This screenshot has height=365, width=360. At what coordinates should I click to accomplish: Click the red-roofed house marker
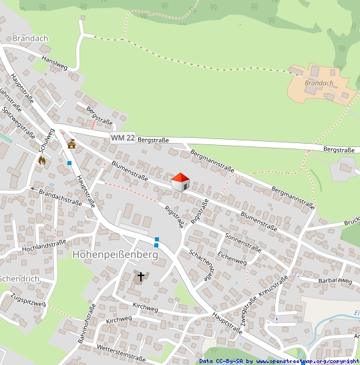tap(180, 181)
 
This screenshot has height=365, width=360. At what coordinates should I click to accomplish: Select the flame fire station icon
tap(42, 160)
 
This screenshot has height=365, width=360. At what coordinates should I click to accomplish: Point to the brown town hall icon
tap(71, 143)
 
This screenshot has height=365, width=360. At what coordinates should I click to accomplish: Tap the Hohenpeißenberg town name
tap(114, 255)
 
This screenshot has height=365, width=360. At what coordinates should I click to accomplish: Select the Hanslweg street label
tap(55, 63)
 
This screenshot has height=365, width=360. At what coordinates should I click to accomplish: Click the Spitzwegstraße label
tap(18, 121)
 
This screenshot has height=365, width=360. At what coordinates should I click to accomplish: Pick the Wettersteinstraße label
tap(121, 353)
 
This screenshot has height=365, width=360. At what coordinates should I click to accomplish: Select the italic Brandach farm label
tap(318, 83)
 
